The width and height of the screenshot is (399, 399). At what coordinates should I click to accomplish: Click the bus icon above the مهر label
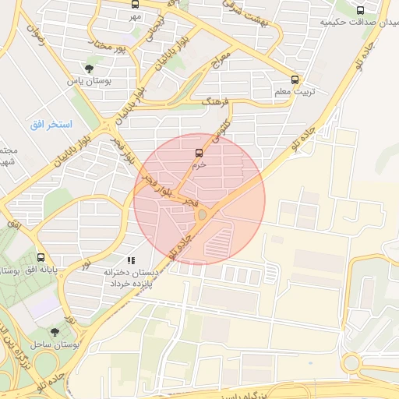coord(136,4)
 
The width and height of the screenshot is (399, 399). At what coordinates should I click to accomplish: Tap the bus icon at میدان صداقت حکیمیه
coord(359,10)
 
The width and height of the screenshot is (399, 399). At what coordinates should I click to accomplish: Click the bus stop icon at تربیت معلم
coord(295,79)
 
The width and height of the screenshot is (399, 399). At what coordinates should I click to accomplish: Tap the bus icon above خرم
coord(199,152)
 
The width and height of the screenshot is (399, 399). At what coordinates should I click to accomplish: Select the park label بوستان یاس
coord(85,81)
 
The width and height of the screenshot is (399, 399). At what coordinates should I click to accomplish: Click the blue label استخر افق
coord(51,125)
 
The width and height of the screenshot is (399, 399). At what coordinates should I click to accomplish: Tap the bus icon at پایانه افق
coord(41,257)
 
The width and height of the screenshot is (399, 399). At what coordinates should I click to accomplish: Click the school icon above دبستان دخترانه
coord(130,260)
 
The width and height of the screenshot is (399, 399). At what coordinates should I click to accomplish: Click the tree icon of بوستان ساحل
coord(54,331)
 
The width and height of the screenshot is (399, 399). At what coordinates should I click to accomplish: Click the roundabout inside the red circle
coord(202,214)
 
